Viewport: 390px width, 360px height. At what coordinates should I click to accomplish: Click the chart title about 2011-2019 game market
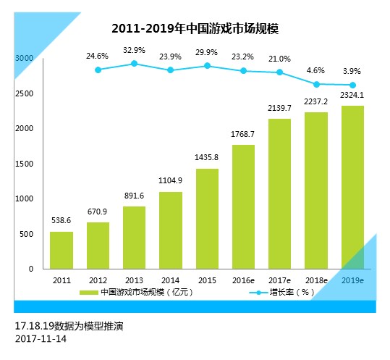pos(195,30)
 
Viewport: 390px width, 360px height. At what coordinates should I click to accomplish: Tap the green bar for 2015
pos(207,218)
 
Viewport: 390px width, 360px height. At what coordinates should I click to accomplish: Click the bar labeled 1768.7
pos(243,206)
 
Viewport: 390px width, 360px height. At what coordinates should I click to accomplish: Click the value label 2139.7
pos(279,108)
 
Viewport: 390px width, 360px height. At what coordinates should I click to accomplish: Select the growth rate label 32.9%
pos(135,51)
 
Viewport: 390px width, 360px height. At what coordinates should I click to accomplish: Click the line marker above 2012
pos(98,70)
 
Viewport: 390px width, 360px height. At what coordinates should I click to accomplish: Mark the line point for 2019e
pos(352,85)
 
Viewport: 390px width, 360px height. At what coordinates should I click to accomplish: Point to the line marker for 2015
pos(207,66)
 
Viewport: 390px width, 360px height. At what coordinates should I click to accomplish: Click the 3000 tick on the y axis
pos(25,57)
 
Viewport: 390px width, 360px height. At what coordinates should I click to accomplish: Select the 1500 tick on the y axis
pos(25,164)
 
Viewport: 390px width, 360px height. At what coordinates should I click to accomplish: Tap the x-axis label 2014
pos(171,280)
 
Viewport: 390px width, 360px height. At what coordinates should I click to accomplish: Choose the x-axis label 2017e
pos(279,280)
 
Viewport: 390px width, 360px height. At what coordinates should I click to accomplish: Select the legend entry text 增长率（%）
pos(292,293)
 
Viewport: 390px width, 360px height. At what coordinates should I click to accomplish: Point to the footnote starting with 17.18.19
pos(69,326)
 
